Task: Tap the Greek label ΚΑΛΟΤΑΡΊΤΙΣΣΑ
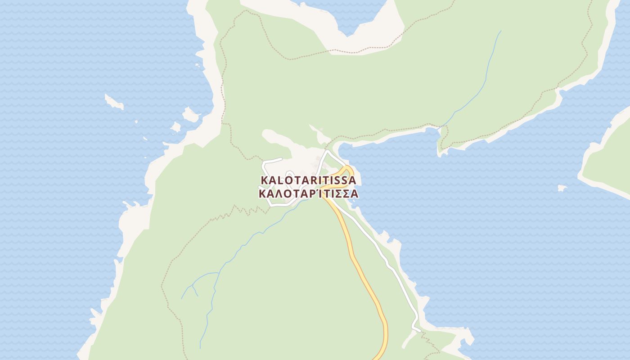(309, 194)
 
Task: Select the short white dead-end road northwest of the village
(272, 160)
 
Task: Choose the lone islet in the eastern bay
(562, 188)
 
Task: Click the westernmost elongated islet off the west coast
(113, 102)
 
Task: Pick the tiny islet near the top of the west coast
(197, 66)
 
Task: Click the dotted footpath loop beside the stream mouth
(443, 137)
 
